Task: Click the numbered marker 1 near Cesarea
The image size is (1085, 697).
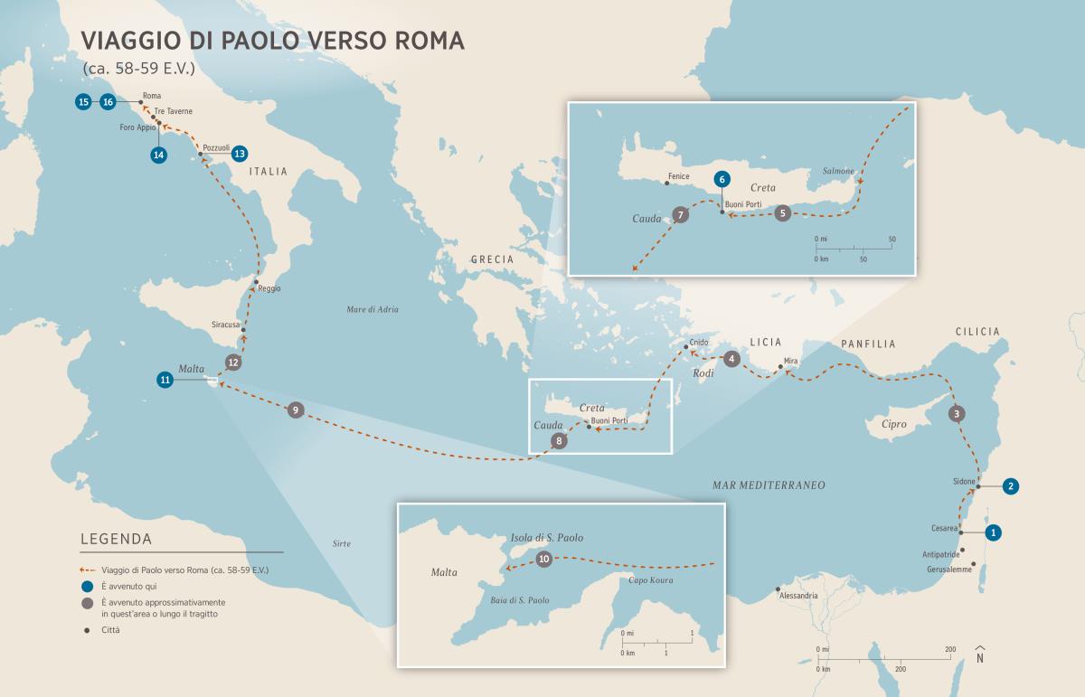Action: click(x=993, y=532)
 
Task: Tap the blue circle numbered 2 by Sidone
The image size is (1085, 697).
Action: click(x=1011, y=485)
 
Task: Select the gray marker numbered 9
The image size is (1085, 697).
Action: click(x=295, y=410)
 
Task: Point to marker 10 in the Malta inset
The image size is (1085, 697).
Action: click(x=543, y=560)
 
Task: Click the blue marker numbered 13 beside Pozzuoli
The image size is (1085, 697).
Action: click(x=240, y=154)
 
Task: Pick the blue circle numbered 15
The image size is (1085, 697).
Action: click(x=83, y=102)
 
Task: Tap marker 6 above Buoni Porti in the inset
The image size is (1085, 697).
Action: click(x=721, y=179)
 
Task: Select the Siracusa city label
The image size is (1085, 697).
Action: click(x=224, y=323)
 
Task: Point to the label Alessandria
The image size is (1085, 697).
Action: click(x=797, y=596)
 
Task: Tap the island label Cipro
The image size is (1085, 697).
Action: click(x=892, y=422)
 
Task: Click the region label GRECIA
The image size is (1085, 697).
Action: click(x=491, y=259)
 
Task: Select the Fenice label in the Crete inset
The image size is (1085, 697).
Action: click(x=678, y=176)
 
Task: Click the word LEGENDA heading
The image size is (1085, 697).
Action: click(x=116, y=539)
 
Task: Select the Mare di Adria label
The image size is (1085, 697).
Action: click(x=373, y=309)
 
